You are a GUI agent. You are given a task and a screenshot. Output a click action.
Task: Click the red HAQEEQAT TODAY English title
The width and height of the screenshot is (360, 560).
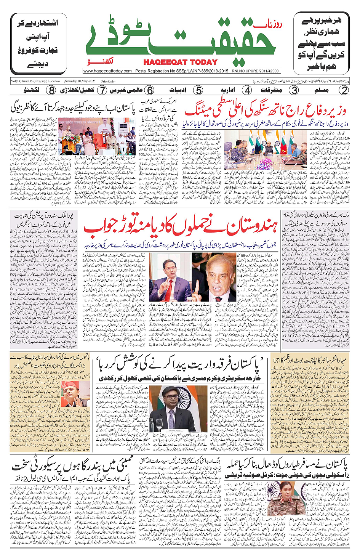[x=180, y=62]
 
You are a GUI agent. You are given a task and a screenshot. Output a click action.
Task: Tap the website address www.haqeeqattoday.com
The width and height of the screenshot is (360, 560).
[x=108, y=71]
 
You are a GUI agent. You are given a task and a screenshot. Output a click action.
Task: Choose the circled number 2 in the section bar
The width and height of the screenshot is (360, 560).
[x=344, y=90]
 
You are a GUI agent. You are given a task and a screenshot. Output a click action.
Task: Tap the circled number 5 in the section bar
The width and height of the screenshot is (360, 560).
[x=198, y=90]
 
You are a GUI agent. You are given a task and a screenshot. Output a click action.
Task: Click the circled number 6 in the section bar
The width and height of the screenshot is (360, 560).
[x=150, y=90]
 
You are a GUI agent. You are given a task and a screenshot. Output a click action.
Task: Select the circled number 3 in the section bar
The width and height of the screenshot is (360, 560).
[x=294, y=90]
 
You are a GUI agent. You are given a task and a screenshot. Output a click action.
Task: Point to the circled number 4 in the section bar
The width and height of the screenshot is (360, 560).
[x=247, y=90]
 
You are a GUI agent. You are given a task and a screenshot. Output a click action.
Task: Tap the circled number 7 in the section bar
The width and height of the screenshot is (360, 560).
[x=102, y=90]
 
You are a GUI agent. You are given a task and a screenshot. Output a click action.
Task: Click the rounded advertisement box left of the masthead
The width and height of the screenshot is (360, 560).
[x=39, y=43]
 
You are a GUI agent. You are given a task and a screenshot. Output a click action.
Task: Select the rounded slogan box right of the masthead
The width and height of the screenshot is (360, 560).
[x=322, y=43]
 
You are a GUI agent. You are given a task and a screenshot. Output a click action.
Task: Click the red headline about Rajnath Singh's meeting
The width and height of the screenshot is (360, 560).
[x=266, y=110]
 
